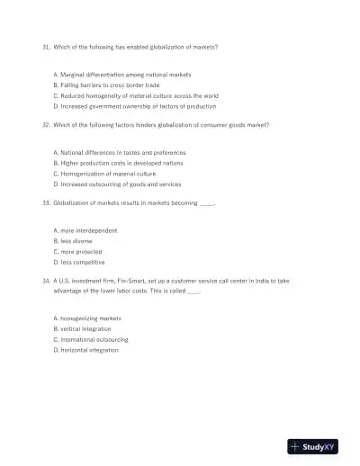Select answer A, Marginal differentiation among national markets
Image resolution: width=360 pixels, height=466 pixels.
tap(122, 74)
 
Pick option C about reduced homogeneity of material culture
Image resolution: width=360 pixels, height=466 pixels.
tap(136, 95)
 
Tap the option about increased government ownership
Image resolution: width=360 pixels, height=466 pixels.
tap(135, 105)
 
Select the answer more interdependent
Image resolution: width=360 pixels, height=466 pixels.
tap(85, 231)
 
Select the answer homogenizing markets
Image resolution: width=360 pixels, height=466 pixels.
tap(87, 318)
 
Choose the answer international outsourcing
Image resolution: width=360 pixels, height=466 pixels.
tap(91, 339)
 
